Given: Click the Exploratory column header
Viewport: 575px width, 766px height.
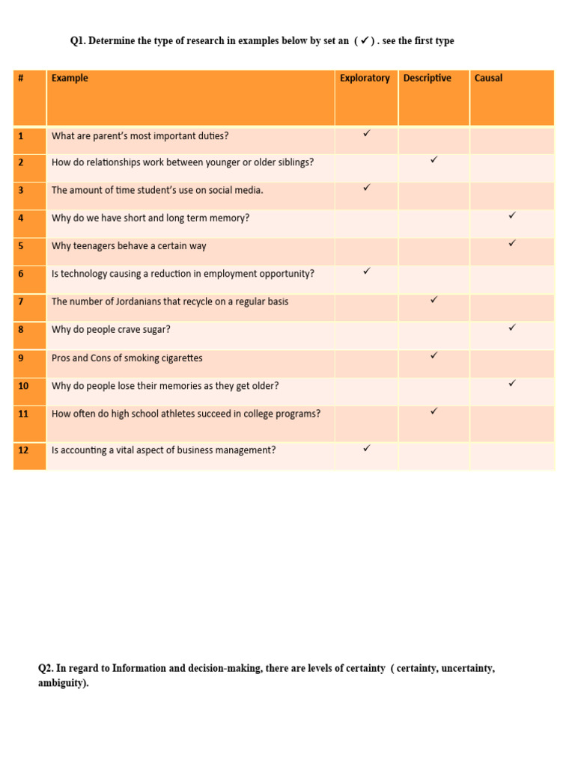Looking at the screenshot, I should point(365,79).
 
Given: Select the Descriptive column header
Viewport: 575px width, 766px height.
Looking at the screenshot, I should point(427,79).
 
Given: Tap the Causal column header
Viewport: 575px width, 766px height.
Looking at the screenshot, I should point(488,79).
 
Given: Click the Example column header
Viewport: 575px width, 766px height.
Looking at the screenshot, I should point(70,79).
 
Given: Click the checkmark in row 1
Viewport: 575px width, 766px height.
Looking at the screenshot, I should point(367,133).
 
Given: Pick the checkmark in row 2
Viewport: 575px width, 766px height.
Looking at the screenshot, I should point(433,160).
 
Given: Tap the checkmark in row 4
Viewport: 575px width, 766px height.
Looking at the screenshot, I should point(512,215).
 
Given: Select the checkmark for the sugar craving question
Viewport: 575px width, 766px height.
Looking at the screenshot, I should point(512,327).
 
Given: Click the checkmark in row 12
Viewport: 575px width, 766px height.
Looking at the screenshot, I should point(367,448).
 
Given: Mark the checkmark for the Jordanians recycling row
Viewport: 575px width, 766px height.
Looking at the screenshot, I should point(433,299).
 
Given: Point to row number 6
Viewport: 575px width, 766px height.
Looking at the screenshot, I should point(21,274).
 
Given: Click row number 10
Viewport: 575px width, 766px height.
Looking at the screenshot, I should point(23,386).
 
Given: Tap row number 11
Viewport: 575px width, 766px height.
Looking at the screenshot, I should point(23,414).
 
